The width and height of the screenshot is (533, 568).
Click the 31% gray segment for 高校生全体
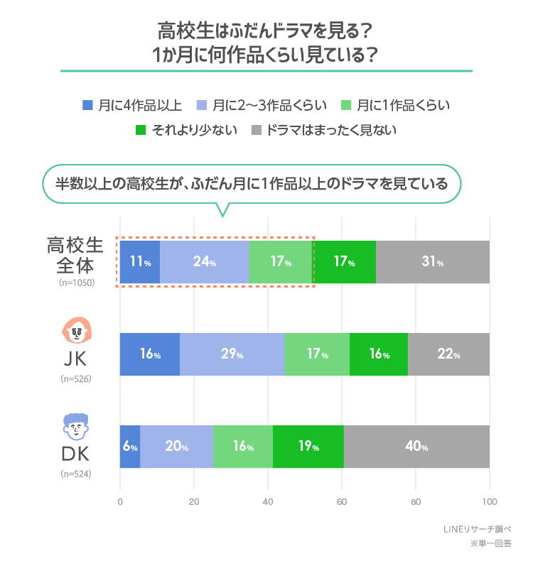click(432, 262)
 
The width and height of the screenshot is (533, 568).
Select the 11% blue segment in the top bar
click(140, 262)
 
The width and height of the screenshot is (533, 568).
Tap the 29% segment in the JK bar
click(232, 354)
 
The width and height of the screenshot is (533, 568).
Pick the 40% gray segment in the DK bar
click(416, 447)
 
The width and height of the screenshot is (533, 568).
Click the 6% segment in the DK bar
click(130, 447)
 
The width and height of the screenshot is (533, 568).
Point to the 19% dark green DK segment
click(308, 447)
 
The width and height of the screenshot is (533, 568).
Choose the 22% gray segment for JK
click(448, 354)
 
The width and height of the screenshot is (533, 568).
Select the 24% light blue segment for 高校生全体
click(205, 262)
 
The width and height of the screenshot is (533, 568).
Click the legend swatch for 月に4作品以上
click(88, 105)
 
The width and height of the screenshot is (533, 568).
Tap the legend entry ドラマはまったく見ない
click(330, 130)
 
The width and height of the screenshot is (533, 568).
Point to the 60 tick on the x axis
click(342, 502)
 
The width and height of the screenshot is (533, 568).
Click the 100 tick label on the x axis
click(489, 502)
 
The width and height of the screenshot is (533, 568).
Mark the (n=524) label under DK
click(76, 474)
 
